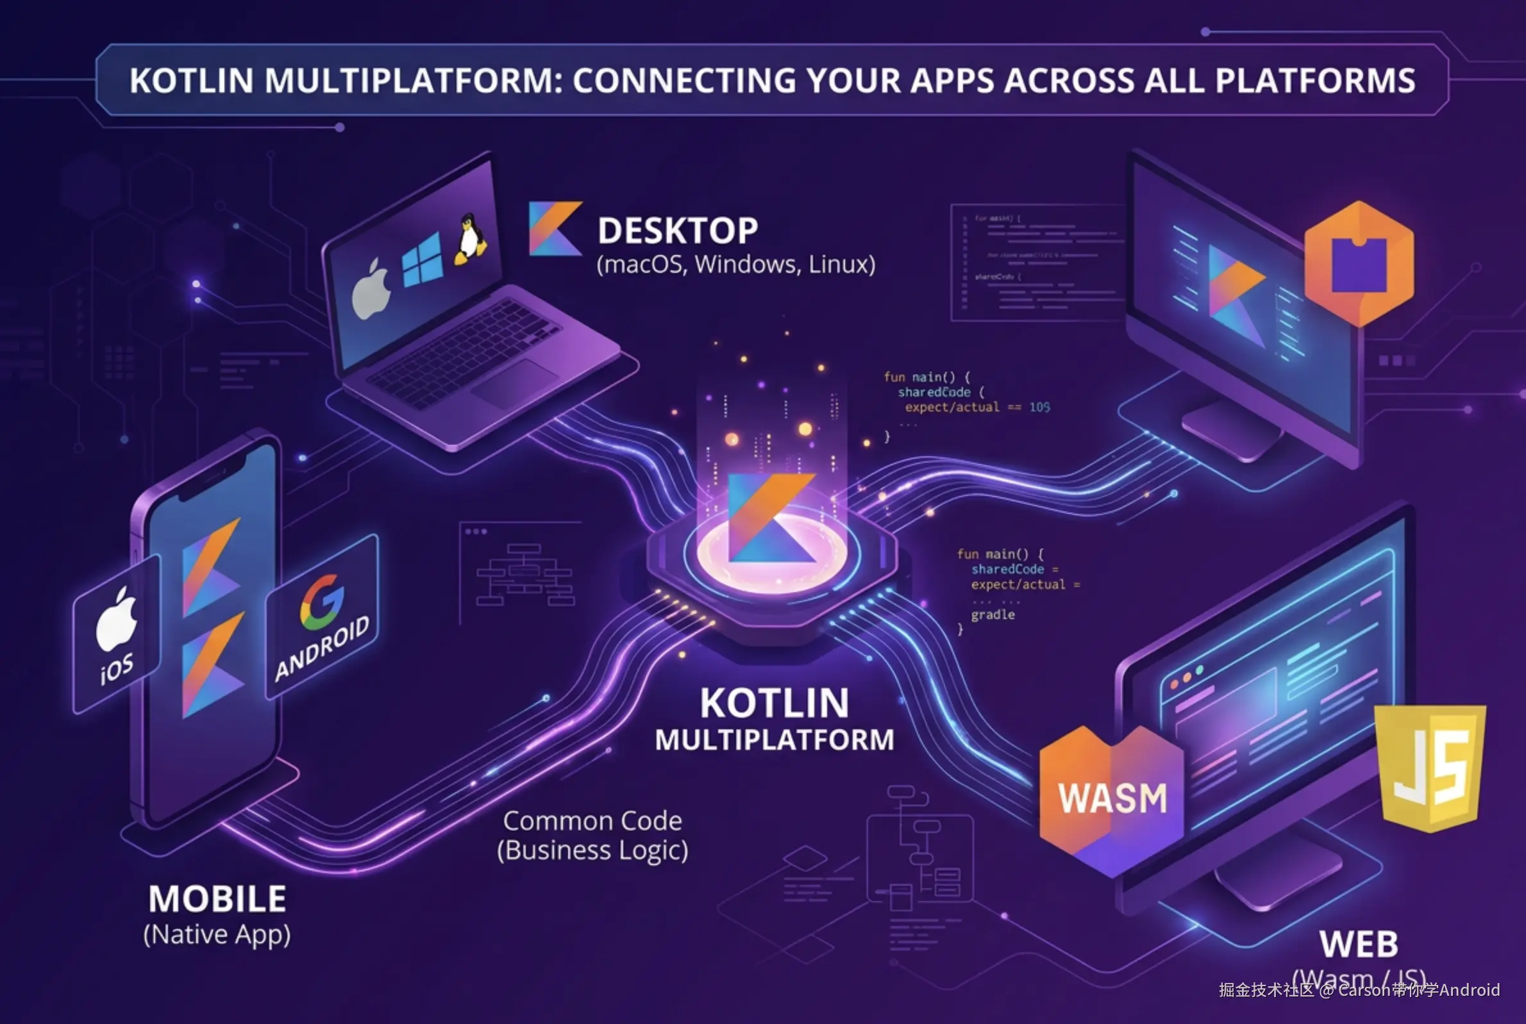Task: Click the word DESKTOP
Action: pos(678,231)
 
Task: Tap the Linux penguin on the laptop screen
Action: pos(470,240)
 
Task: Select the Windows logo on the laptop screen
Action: pos(421,261)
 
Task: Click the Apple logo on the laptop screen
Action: pos(371,289)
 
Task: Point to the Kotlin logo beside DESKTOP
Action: pos(554,228)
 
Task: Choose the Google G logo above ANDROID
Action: pos(321,602)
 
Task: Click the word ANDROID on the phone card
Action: pos(322,648)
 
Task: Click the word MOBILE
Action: pos(217,899)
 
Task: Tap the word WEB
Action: pos(1359,944)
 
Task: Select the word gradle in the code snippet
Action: pos(993,615)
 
